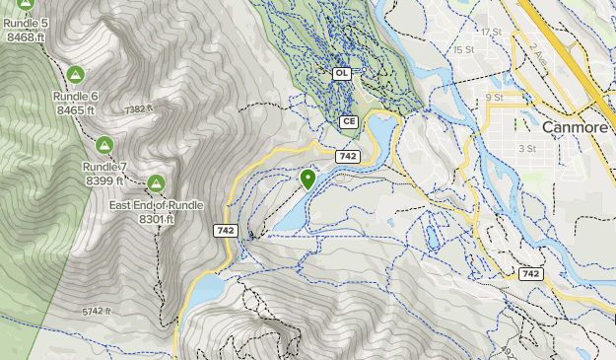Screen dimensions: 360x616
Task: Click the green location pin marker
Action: click(x=308, y=179)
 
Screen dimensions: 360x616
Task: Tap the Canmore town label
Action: click(x=574, y=126)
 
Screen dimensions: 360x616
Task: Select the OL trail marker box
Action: click(x=342, y=73)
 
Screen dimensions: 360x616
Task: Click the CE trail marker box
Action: click(x=348, y=121)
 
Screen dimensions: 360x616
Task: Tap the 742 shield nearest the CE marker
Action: click(x=346, y=157)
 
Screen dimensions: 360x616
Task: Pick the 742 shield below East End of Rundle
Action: click(x=225, y=230)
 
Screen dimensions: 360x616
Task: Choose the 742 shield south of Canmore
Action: click(x=530, y=273)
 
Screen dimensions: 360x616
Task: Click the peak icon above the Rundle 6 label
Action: click(x=76, y=74)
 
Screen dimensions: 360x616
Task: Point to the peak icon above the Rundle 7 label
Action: click(x=103, y=145)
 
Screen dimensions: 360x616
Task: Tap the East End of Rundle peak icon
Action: click(x=156, y=183)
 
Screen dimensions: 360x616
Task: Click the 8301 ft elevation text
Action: click(x=156, y=219)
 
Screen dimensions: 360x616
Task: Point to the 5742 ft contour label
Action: click(x=99, y=312)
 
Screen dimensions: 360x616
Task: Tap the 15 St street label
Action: click(x=463, y=49)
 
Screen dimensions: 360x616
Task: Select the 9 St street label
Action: click(x=495, y=97)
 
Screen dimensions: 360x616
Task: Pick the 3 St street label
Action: click(x=526, y=148)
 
